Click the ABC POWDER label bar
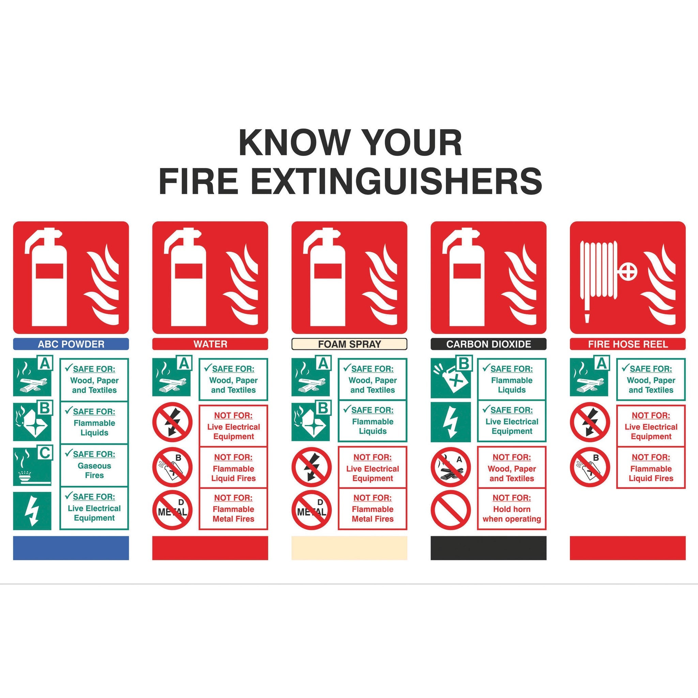click(71, 344)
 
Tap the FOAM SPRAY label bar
click(349, 344)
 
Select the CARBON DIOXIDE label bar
click(488, 344)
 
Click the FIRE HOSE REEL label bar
click(627, 344)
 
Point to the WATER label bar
click(210, 344)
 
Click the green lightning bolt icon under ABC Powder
click(32, 511)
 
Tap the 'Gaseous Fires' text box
click(94, 465)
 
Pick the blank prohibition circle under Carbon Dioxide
click(451, 510)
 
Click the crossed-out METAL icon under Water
click(172, 510)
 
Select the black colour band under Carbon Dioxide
click(488, 548)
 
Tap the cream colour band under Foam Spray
click(349, 548)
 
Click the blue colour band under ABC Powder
click(71, 548)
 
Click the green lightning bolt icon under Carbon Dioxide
click(451, 422)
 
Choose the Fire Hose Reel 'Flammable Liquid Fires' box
click(651, 468)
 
